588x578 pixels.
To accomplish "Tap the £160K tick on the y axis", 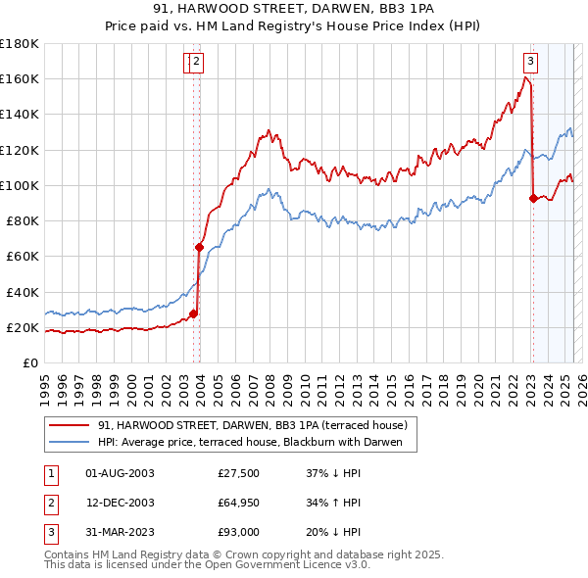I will [20, 78].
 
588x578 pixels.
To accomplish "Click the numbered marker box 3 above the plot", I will [530, 61].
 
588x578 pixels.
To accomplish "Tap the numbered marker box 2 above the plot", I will [196, 61].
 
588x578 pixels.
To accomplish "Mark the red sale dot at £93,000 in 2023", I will [533, 198].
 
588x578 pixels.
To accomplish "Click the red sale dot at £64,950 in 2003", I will [199, 248].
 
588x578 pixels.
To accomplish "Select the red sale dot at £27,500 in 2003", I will [193, 314].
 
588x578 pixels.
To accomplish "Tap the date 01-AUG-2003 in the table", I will [121, 473].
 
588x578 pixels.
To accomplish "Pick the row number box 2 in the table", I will [49, 503].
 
